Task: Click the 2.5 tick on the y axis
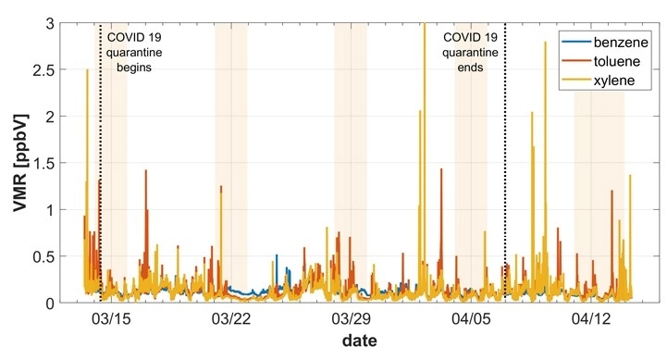pos(43,70)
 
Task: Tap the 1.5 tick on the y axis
pos(43,164)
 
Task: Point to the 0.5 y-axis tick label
pos(43,256)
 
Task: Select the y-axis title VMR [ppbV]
pos(18,163)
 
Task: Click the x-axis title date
pos(358,341)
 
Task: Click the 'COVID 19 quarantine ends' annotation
pos(471,53)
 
